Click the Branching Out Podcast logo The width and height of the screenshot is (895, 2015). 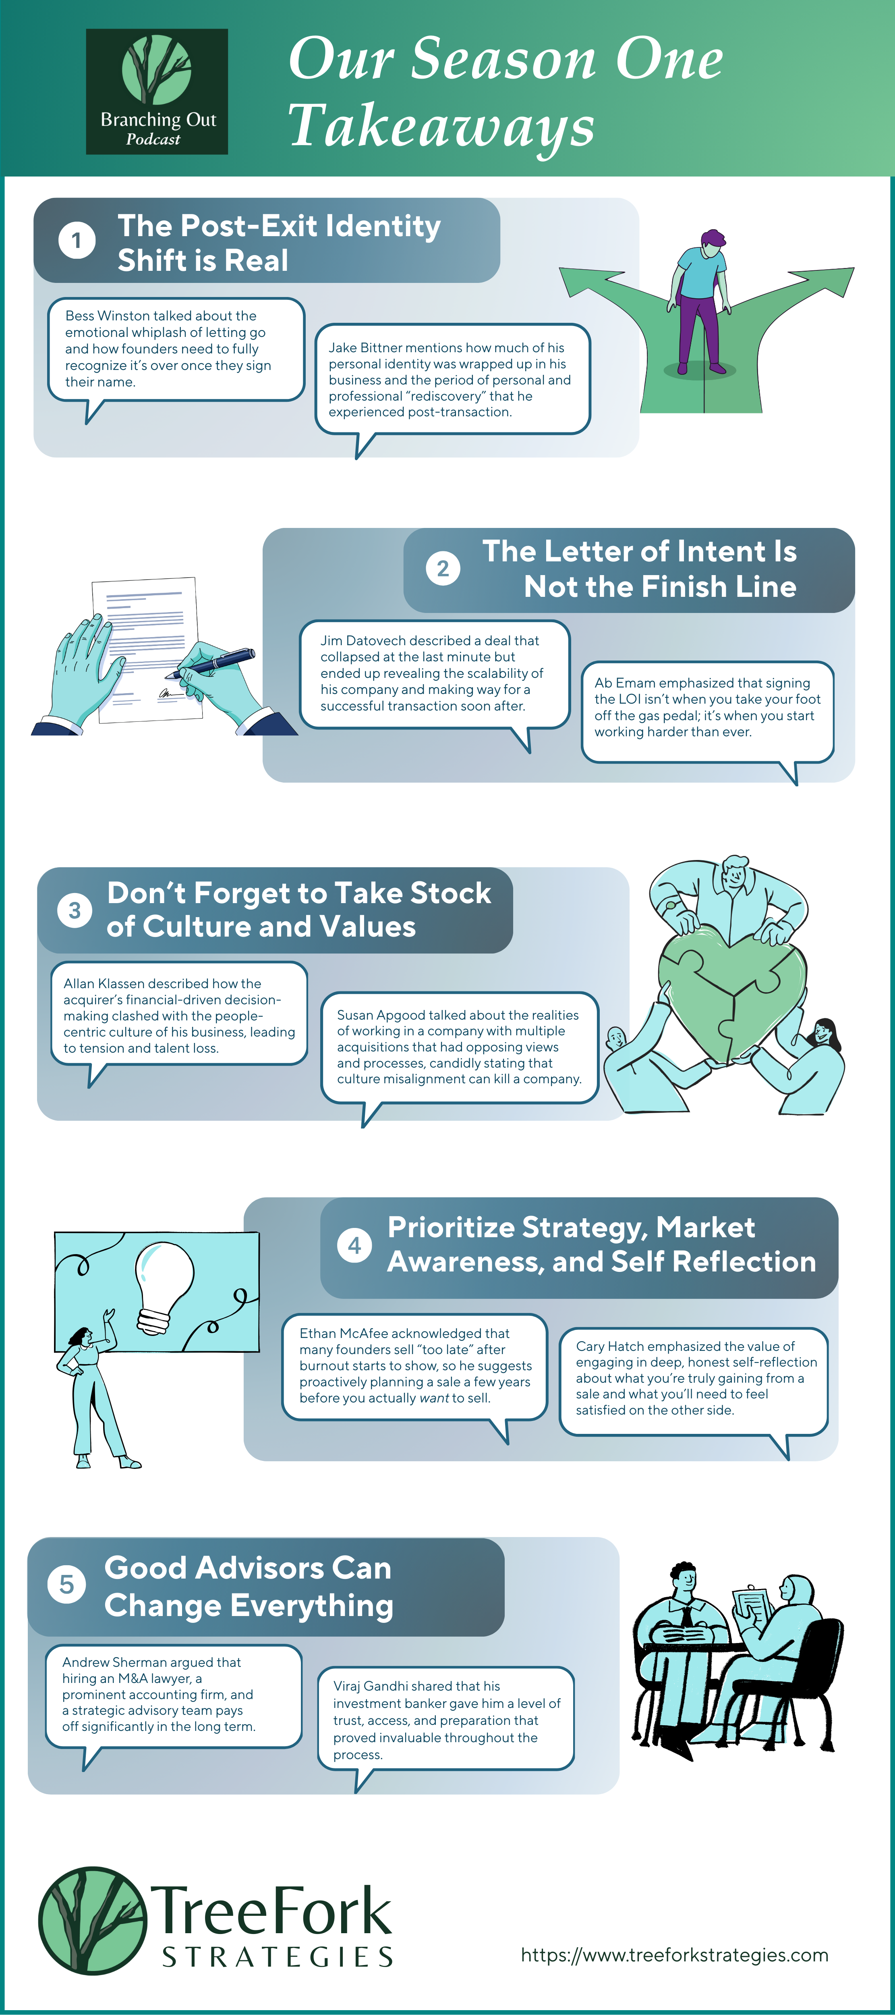(x=156, y=91)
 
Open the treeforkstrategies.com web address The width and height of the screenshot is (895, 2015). (x=674, y=1955)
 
